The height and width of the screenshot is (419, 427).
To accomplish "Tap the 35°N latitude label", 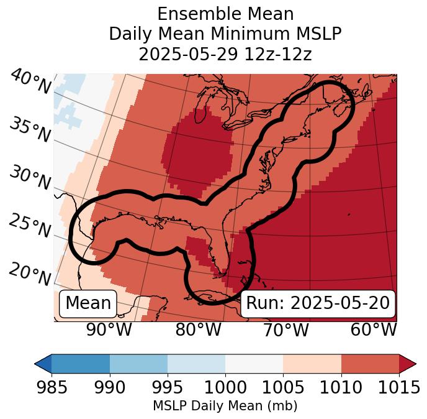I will click(30, 129).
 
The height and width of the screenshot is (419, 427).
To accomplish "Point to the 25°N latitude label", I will click(30, 226).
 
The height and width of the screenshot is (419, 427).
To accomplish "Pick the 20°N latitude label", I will click(30, 274).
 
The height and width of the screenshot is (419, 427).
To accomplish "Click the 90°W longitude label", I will click(109, 330).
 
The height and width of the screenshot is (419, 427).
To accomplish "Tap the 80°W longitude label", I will click(198, 330).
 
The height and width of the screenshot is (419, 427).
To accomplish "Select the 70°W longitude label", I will click(285, 330).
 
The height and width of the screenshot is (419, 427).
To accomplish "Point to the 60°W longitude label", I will click(374, 330).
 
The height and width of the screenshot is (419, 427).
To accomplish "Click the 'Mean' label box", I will click(88, 303).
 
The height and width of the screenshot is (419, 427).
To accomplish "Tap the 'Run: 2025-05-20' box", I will click(318, 303).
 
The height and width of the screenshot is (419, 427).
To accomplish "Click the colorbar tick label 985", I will click(52, 388).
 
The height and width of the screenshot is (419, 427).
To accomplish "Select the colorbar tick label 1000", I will click(225, 388).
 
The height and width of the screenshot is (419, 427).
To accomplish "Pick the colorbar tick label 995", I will click(168, 388).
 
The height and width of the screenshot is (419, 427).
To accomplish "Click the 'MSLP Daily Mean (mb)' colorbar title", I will click(225, 407).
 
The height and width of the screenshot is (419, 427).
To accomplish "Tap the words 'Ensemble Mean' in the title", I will click(225, 14).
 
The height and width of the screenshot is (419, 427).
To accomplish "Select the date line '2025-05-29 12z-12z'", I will click(225, 55).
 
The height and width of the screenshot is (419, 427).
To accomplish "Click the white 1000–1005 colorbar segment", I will click(254, 364).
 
